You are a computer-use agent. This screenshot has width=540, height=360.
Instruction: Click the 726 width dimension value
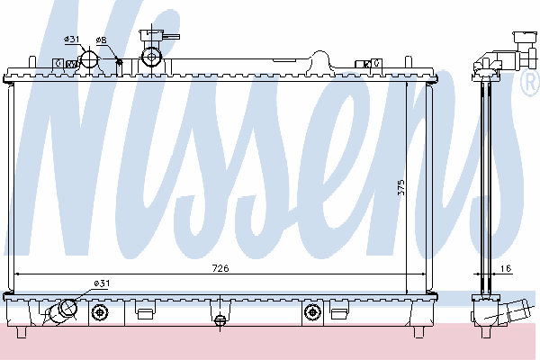220,268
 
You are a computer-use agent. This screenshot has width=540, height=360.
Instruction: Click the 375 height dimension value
400,187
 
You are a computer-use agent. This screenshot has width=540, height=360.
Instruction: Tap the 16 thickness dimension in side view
506,268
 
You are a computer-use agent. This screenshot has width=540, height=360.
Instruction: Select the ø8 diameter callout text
101,40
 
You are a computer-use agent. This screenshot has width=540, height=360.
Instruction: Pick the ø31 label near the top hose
72,39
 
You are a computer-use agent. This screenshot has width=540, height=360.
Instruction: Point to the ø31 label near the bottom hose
102,283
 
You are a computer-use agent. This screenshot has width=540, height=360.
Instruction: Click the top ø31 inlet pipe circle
89,59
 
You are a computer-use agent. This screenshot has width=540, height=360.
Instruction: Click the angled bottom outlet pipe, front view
61,311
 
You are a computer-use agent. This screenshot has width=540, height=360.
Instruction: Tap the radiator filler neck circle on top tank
151,57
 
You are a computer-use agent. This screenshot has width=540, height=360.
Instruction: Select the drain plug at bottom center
220,320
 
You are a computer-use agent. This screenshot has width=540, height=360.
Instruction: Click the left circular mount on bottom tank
100,312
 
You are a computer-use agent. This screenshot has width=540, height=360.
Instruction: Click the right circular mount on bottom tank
312,312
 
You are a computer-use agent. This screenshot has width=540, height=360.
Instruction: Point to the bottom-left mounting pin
22,332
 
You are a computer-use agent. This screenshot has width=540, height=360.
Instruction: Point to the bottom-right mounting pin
418,332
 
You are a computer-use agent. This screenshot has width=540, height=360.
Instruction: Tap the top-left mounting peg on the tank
32,62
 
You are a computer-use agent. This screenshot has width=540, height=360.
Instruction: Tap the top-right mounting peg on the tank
409,62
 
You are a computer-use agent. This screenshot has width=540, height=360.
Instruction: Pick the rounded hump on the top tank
320,60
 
